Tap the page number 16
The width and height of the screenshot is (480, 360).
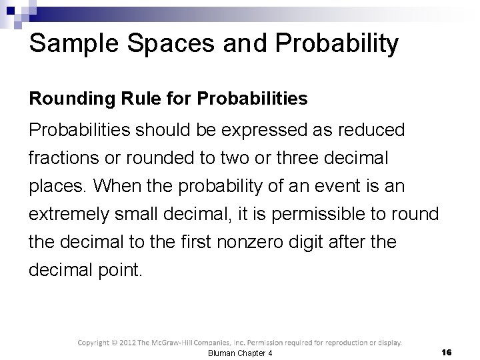[447, 351]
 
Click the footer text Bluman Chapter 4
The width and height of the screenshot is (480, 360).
[240, 353]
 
